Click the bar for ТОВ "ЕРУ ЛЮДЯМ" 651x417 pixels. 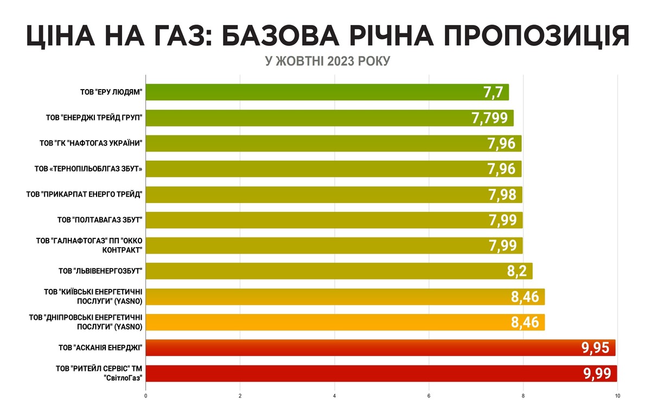tap(325, 92)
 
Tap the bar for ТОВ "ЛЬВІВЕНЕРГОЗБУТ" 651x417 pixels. tap(336, 271)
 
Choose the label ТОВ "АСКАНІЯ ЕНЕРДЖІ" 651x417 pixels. tap(100, 347)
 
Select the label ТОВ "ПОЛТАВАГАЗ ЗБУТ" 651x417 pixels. tap(100, 220)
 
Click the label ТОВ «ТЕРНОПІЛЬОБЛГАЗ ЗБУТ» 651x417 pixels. tap(88, 169)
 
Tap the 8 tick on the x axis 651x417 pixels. tap(523, 396)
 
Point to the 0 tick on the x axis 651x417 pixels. tap(146, 396)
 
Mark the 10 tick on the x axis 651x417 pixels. tap(617, 396)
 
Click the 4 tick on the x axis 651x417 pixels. tap(335, 396)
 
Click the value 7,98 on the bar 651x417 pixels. tap(502, 194)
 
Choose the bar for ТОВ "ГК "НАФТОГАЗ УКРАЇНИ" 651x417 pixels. tap(325, 143)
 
